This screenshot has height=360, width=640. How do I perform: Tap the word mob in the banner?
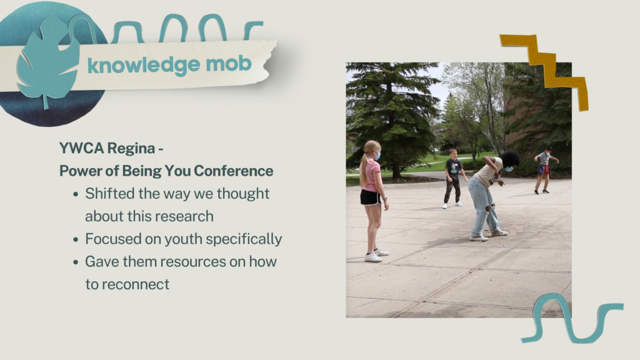pyautogui.click(x=229, y=64)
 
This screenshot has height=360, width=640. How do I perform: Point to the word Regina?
pyautogui.click(x=131, y=149)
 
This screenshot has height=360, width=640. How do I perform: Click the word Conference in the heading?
pyautogui.click(x=234, y=171)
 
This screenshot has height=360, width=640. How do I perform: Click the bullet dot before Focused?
pyautogui.click(x=76, y=239)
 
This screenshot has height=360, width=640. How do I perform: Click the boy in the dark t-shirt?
pyautogui.click(x=453, y=178)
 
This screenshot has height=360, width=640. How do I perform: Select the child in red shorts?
pyautogui.click(x=544, y=170)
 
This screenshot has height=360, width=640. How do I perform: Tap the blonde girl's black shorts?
pyautogui.click(x=371, y=198)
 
